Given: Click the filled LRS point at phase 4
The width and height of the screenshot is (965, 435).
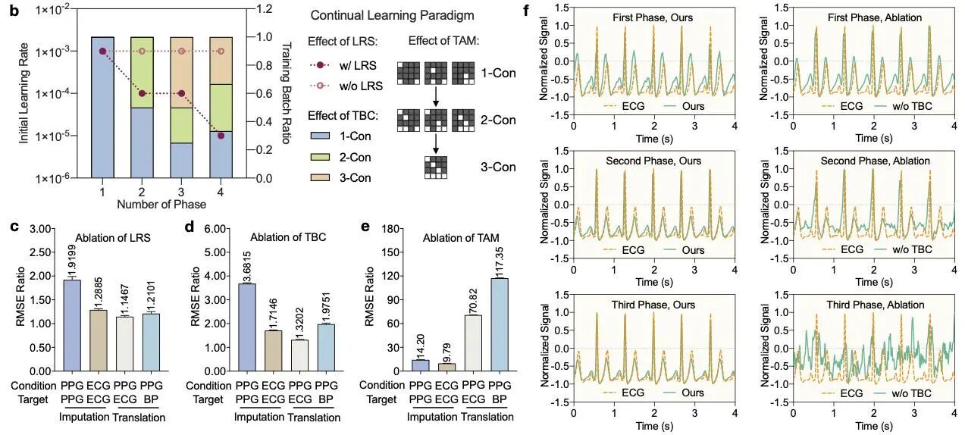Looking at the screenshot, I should pyautogui.click(x=220, y=136).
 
